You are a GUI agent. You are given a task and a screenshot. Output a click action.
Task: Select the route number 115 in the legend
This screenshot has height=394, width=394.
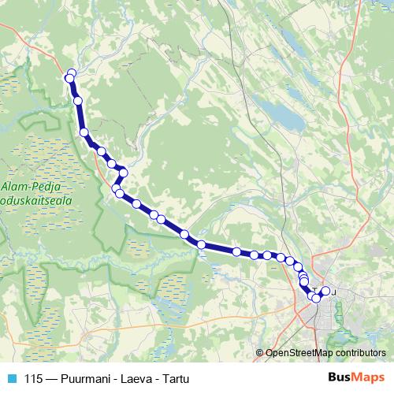click(x=34, y=378)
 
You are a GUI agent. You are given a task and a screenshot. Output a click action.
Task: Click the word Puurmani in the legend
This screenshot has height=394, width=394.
click(x=89, y=378)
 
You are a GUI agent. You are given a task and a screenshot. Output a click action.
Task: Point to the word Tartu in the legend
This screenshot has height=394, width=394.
click(x=176, y=378)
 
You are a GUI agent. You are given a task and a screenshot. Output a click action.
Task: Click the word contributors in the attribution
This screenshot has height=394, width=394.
click(x=359, y=354)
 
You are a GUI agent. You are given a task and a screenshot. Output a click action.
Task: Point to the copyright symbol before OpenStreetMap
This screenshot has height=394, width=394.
click(x=260, y=354)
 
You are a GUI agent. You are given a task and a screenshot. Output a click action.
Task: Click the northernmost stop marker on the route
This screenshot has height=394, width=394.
click(x=72, y=73)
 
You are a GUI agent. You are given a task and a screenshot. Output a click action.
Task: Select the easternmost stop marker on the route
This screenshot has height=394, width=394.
click(x=325, y=292)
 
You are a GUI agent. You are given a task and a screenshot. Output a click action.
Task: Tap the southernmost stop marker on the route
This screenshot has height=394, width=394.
click(x=316, y=298)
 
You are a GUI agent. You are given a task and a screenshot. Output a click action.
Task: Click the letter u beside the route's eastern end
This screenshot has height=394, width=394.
click(x=334, y=292)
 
